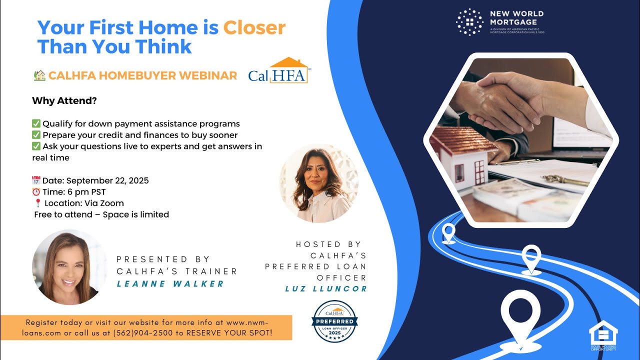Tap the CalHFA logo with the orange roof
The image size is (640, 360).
pyautogui.click(x=278, y=70)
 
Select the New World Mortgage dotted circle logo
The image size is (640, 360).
pyautogui.click(x=470, y=22)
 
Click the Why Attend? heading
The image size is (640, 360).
pyautogui.click(x=64, y=100)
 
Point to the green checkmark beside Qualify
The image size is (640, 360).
pyautogui.click(x=36, y=123)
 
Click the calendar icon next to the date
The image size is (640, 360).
pyautogui.click(x=36, y=180)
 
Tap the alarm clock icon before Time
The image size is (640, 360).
pyautogui.click(x=36, y=192)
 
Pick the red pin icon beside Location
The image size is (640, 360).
pyautogui.click(x=37, y=203)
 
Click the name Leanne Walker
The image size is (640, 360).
pyautogui.click(x=170, y=284)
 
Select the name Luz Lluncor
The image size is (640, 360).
pyautogui.click(x=326, y=288)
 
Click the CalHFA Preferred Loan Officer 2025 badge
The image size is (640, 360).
pyautogui.click(x=334, y=321)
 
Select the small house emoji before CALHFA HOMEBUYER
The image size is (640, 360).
pyautogui.click(x=39, y=75)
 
